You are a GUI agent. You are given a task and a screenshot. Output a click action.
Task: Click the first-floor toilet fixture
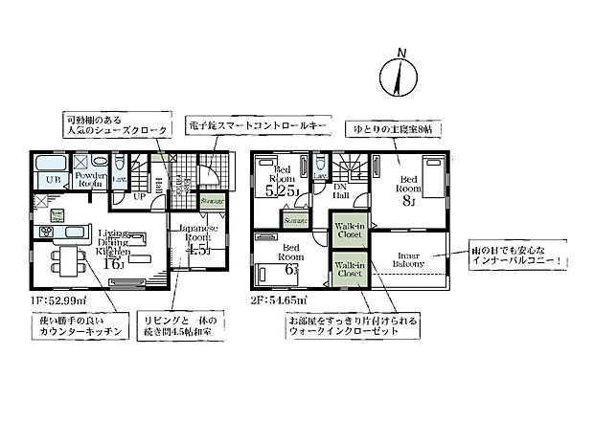(120, 166)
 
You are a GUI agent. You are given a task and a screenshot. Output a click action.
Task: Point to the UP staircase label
(139, 196)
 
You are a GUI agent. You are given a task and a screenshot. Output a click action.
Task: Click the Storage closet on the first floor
(213, 201)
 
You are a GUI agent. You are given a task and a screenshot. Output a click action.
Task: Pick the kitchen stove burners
(45, 233)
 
